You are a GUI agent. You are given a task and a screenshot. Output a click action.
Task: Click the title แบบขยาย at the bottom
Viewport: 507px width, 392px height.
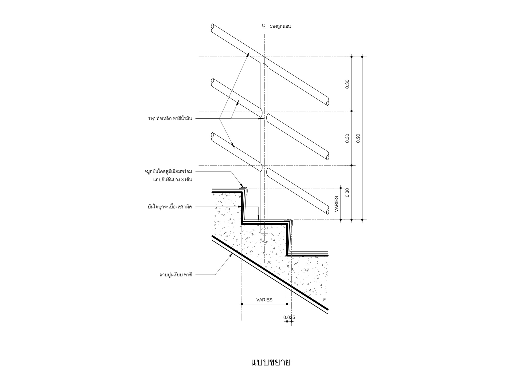pyautogui.click(x=271, y=362)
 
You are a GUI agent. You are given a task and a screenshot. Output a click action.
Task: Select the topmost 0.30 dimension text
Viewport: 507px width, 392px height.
pyautogui.click(x=348, y=84)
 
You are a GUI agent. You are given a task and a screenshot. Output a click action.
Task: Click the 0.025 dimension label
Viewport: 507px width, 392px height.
pyautogui.click(x=289, y=317)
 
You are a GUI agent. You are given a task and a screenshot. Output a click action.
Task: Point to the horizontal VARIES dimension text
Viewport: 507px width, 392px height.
pyautogui.click(x=264, y=300)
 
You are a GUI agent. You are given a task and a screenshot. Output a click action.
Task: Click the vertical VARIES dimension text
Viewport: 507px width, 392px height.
pyautogui.click(x=336, y=204)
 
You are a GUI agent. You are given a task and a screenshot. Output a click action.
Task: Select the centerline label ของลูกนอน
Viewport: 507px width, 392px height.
pyautogui.click(x=280, y=26)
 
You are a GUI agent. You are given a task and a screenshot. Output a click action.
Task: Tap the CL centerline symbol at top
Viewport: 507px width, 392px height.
pyautogui.click(x=264, y=26)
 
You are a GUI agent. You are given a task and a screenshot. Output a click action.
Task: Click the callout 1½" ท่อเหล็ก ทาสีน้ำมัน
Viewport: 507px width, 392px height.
pyautogui.click(x=170, y=118)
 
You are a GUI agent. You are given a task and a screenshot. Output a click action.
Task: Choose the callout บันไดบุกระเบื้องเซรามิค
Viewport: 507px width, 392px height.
pyautogui.click(x=170, y=207)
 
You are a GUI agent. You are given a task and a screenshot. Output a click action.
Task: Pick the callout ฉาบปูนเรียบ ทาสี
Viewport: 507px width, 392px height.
pyautogui.click(x=175, y=275)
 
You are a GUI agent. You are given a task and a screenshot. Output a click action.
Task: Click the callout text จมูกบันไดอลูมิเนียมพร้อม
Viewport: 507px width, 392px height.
pyautogui.click(x=168, y=171)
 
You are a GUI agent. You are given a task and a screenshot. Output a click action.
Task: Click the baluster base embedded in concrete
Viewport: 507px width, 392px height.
pyautogui.click(x=264, y=230)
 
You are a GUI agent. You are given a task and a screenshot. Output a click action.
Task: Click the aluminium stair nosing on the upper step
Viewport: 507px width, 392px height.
pyautogui.click(x=244, y=188)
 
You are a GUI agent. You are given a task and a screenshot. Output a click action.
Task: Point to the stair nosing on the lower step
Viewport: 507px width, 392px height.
pyautogui.click(x=289, y=220)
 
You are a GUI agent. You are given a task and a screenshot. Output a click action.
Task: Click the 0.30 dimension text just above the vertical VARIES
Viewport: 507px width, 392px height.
pyautogui.click(x=348, y=192)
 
